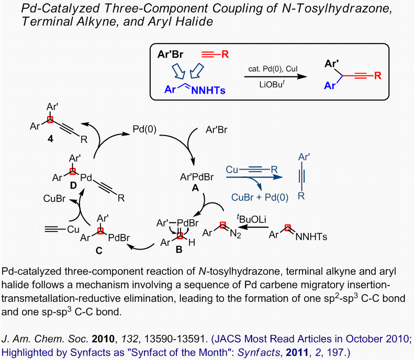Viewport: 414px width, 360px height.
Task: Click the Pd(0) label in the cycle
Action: coord(143,128)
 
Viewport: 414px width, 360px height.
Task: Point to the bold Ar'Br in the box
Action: coord(174,54)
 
